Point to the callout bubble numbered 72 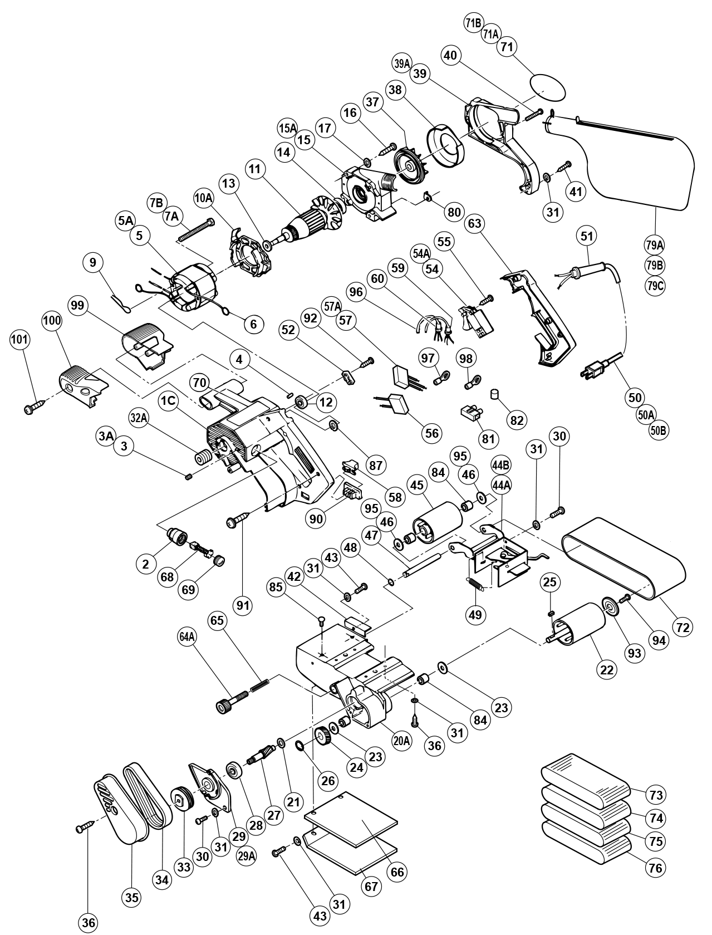click(683, 627)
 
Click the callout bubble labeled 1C click(169, 402)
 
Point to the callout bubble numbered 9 click(93, 263)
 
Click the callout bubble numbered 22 click(607, 669)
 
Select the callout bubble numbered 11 click(254, 169)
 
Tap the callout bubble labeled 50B click(659, 430)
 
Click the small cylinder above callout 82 click(495, 394)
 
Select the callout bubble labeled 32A click(139, 418)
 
